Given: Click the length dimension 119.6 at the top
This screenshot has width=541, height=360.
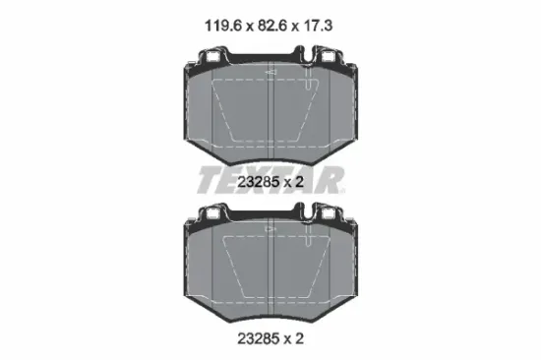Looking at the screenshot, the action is (223, 26).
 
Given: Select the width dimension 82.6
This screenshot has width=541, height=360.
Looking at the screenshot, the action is (272, 26).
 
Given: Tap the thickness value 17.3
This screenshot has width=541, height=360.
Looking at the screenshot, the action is (318, 26).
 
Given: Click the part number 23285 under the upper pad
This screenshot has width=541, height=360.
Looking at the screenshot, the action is (259, 182).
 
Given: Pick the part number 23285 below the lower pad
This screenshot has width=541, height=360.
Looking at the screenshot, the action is (259, 338).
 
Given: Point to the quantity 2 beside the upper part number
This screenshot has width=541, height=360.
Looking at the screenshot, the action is (299, 182).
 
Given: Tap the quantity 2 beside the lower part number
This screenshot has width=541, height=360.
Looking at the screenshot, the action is (299, 338).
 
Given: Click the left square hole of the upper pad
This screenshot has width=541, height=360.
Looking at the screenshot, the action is (212, 57).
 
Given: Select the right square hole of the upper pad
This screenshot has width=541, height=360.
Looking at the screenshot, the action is (328, 57).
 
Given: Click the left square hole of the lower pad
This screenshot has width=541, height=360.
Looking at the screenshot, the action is (212, 214).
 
